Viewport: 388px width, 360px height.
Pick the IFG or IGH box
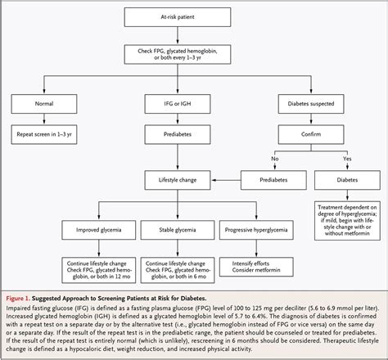(194, 104)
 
